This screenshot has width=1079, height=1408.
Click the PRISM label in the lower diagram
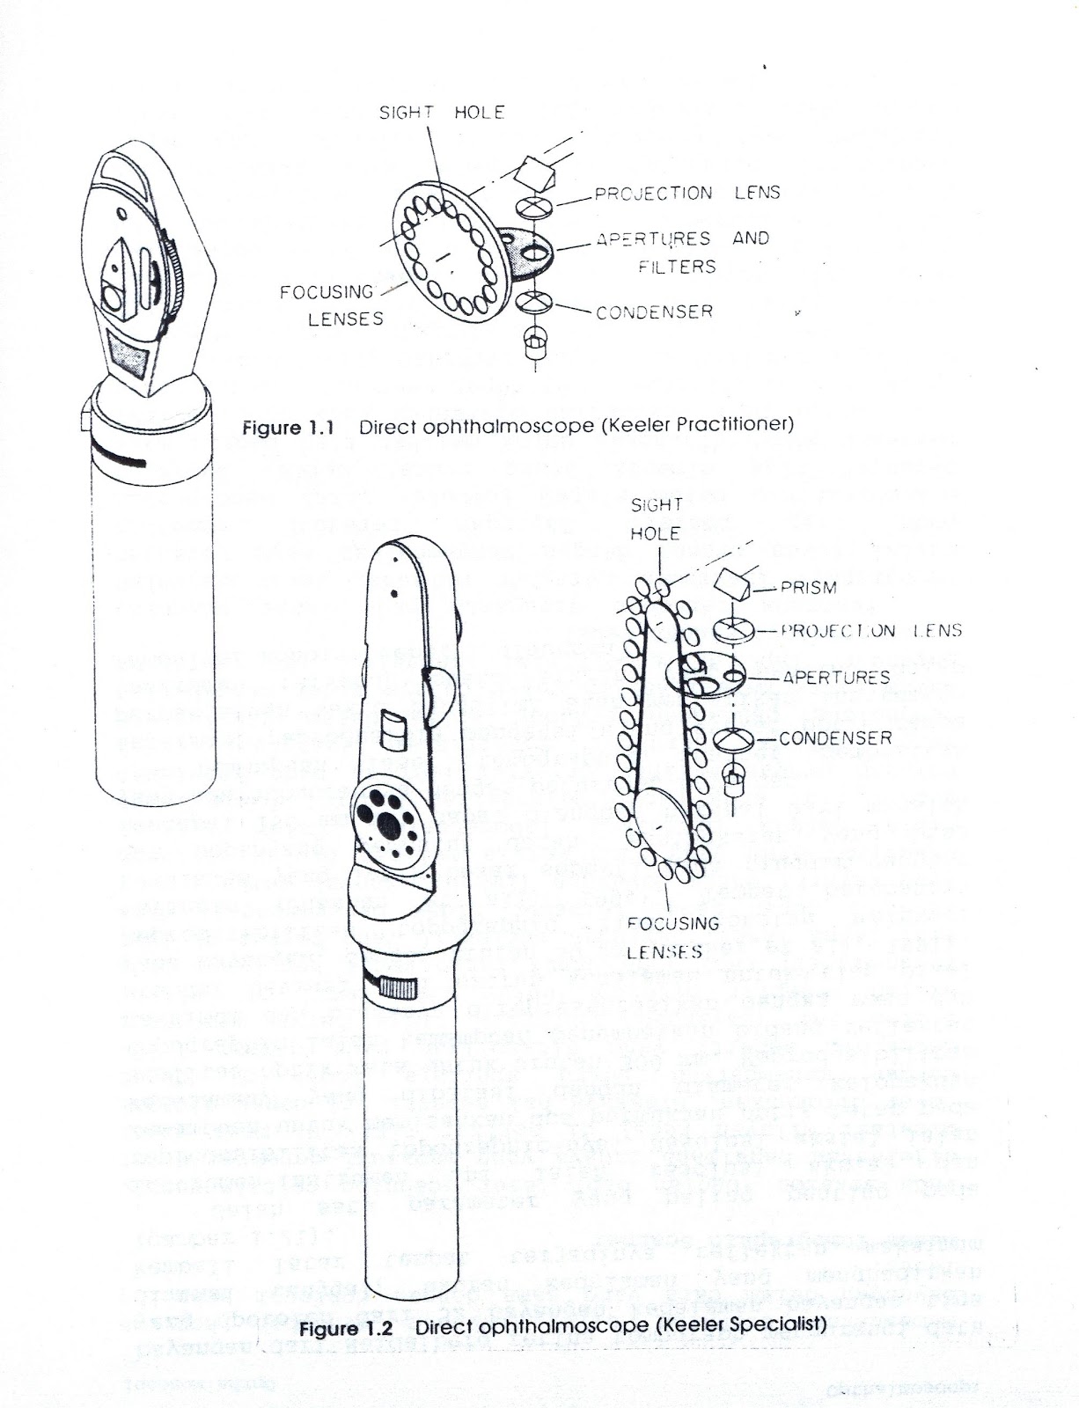coord(807,588)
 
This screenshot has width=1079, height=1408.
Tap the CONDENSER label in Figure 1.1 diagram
coord(654,312)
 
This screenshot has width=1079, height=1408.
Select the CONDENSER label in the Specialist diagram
coord(835,738)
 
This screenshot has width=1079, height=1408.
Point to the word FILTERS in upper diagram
coord(678,266)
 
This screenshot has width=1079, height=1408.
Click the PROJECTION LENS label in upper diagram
coord(686,193)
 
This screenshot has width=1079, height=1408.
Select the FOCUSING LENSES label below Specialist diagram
coord(673,937)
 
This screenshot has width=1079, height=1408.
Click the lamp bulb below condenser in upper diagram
coord(532,341)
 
